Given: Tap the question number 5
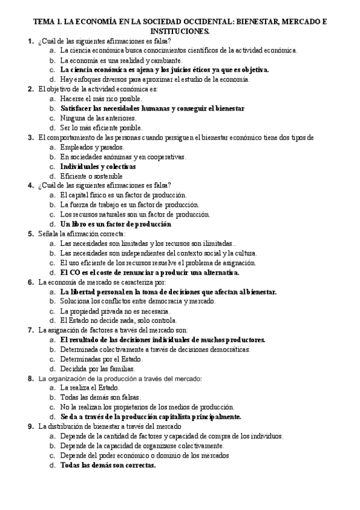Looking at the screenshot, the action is click(x=30, y=233).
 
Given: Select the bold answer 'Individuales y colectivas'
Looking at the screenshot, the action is click(x=98, y=166).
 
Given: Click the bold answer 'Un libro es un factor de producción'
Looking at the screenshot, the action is click(x=116, y=224).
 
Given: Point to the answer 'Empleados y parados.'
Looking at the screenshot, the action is click(x=93, y=147).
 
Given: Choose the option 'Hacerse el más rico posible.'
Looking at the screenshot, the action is click(x=101, y=99).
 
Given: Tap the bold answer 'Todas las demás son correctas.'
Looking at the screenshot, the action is click(x=108, y=465).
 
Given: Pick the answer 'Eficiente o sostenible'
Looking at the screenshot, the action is click(x=91, y=176).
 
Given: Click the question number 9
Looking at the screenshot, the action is click(x=30, y=426).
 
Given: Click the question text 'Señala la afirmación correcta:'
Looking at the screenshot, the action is click(x=82, y=233).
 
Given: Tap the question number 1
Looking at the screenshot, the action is click(x=30, y=41).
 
